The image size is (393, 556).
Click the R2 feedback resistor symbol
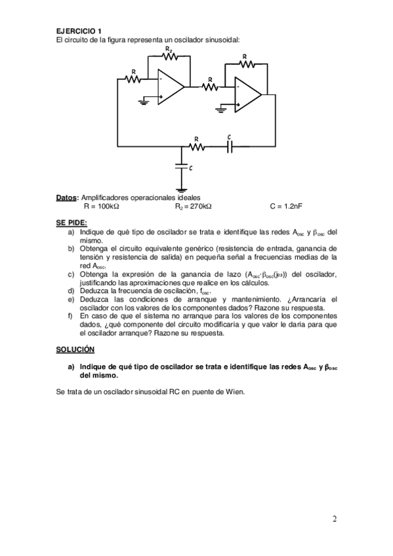point(170,58)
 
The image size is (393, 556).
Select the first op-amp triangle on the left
point(171,88)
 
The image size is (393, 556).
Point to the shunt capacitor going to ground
point(182,168)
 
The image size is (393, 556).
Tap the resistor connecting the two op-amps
point(210,87)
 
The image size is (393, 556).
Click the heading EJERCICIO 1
point(79,31)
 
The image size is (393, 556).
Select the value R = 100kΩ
point(101,206)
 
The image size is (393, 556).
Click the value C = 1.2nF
point(285,206)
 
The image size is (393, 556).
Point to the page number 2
point(335,519)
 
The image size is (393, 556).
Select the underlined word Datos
point(67,197)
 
